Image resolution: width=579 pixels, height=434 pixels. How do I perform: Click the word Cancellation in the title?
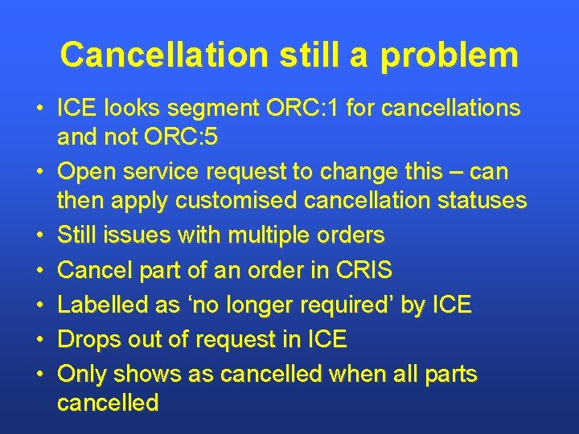tap(163, 55)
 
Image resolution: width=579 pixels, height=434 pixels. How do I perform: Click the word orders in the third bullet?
tap(353, 235)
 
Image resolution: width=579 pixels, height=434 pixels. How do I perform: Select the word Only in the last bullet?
tap(83, 374)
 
